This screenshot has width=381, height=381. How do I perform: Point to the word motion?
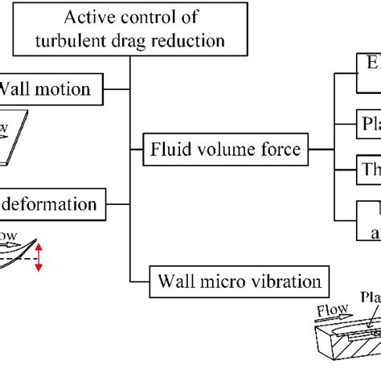tap(64, 89)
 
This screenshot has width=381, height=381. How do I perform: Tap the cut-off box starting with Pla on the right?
tap(369, 125)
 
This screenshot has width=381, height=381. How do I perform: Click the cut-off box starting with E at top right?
tap(369, 84)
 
